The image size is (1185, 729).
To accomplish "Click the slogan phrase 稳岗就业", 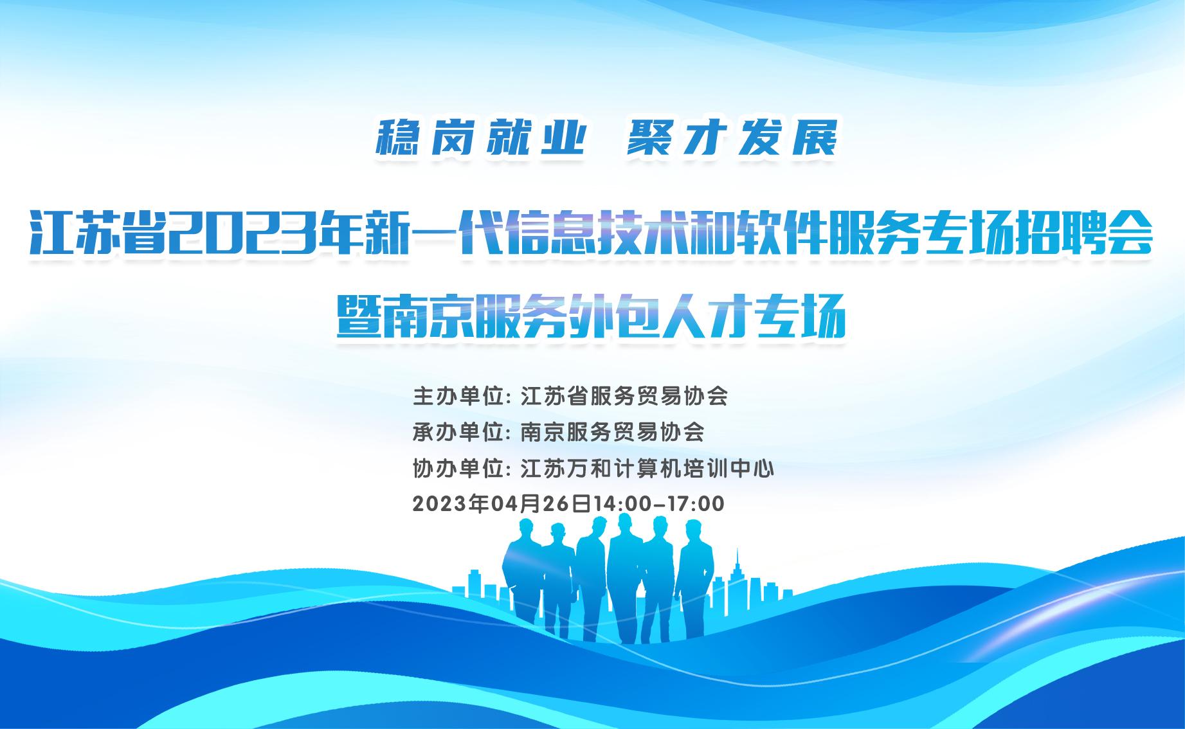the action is click(x=480, y=138).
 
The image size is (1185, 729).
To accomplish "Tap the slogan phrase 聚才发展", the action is click(x=733, y=138).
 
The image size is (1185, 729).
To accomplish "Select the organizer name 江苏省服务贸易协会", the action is click(x=624, y=396).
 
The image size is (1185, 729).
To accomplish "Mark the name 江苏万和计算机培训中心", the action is click(x=647, y=468).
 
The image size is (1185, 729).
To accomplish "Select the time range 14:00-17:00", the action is click(x=659, y=503).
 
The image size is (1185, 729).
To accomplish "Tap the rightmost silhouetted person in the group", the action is click(x=694, y=579).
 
